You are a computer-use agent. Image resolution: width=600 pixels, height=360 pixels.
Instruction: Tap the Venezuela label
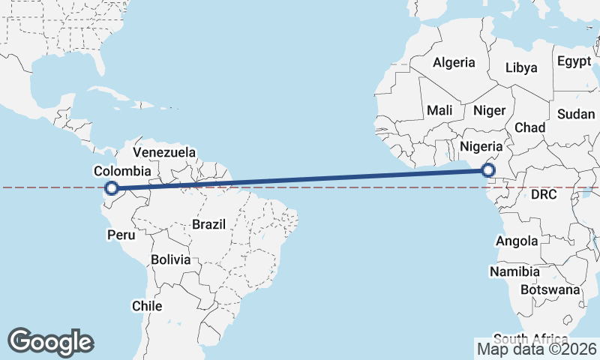point(163,152)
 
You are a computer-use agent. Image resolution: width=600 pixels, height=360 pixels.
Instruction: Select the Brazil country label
point(209,223)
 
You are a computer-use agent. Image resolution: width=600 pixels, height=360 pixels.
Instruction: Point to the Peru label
point(122,235)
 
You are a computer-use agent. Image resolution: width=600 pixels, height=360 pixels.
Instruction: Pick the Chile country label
point(147,306)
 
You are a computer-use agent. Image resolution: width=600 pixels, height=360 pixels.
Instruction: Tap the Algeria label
point(454,62)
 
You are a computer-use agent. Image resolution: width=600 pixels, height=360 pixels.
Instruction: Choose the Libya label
point(521,67)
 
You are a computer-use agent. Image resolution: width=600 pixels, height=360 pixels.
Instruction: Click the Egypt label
point(574,61)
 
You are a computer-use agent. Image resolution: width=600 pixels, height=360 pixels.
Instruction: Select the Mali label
point(439,110)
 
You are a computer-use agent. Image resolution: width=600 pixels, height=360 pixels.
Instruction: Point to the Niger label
point(489,110)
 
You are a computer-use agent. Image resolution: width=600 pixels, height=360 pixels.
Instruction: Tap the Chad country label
point(529,127)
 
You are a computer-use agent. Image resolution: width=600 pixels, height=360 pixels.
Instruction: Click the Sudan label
point(575,114)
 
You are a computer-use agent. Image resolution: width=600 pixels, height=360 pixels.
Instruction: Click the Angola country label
point(517,241)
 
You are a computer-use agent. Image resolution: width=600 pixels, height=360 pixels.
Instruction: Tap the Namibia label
point(515,271)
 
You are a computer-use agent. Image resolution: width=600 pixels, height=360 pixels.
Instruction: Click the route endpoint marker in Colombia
point(111,189)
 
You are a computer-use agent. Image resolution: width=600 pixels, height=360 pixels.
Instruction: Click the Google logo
point(50,341)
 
